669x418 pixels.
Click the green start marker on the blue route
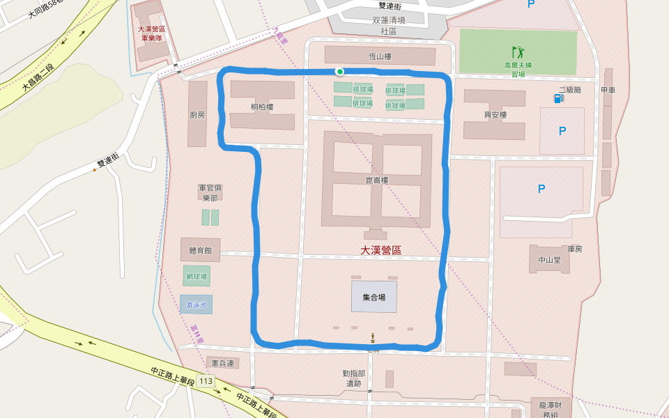pos(339,71)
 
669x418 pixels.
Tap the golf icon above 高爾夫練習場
pos(518,52)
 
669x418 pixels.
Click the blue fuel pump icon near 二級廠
pos(558,98)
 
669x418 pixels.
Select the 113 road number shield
pos(205,381)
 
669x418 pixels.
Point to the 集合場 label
pos(374,297)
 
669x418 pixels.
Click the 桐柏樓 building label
pos(262,107)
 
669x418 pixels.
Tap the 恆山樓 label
pos(380,56)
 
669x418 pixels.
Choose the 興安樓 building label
pos(495,115)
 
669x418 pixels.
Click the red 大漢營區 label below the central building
pos(380,250)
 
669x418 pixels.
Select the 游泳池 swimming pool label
pos(196,304)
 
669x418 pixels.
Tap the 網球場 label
pos(197,277)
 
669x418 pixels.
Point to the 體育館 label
pos(200,250)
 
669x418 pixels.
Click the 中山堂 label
pos(549,260)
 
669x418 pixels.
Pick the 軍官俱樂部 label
pos(210,192)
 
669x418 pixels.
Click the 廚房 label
pos(197,115)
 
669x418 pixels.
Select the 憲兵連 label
pos(223,363)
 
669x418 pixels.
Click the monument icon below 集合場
pos(374,338)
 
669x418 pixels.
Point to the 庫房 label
pos(574,249)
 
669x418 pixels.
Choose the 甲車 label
pos(608,90)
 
